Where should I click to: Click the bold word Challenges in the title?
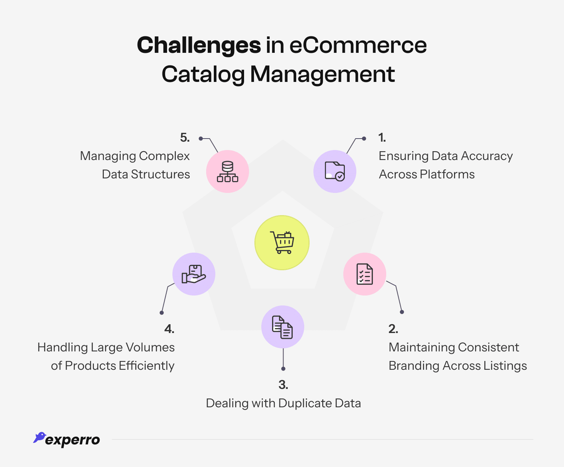(x=199, y=45)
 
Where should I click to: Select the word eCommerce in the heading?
(x=358, y=45)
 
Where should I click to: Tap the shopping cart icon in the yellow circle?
(x=282, y=243)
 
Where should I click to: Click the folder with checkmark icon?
(x=334, y=171)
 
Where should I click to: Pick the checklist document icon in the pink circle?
(x=364, y=274)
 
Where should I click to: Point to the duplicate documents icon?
(x=282, y=327)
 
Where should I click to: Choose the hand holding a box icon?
(x=193, y=274)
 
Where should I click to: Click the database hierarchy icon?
(x=228, y=171)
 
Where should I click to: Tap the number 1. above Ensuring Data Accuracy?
(x=382, y=138)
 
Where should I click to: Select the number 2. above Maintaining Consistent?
(x=393, y=329)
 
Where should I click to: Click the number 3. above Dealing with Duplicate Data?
(x=283, y=385)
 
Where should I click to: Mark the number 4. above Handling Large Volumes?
(x=169, y=329)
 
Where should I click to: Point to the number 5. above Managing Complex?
(x=185, y=138)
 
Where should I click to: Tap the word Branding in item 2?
(x=414, y=366)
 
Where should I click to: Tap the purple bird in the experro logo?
(x=39, y=438)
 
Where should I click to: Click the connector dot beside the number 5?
(x=200, y=139)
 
